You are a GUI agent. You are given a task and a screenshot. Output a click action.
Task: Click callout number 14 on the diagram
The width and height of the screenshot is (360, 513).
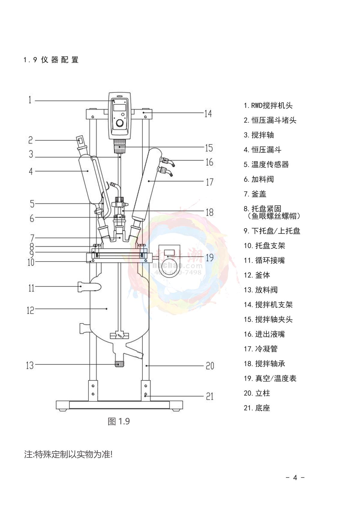tap(208, 114)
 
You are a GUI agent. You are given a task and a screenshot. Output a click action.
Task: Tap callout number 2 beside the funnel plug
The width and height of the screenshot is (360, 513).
tap(31, 140)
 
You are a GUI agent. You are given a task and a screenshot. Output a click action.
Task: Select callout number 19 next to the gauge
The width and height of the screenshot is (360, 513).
tap(209, 258)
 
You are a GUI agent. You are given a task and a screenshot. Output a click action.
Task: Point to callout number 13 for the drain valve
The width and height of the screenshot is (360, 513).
tap(30, 365)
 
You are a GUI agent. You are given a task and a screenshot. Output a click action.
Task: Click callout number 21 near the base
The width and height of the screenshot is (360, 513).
tap(209, 396)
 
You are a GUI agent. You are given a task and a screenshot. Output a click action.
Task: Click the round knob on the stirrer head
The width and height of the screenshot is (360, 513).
tap(119, 123)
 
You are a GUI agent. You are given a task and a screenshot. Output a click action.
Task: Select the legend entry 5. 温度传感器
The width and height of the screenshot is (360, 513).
tap(266, 164)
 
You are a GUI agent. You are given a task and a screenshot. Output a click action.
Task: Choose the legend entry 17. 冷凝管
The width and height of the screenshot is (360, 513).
tap(261, 349)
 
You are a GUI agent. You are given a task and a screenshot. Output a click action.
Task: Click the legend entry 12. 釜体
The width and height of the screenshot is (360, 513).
tap(257, 275)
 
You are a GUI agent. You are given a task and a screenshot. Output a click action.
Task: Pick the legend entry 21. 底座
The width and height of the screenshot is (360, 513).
tap(257, 408)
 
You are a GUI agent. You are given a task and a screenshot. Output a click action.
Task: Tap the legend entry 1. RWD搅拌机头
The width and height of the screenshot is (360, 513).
tap(268, 106)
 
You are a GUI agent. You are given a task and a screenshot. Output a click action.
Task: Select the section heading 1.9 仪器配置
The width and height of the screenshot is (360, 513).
tap(51, 60)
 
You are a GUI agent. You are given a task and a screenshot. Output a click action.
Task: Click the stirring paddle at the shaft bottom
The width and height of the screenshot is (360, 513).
tap(119, 335)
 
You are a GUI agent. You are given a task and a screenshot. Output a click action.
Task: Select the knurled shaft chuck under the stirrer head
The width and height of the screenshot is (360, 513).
tap(119, 147)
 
